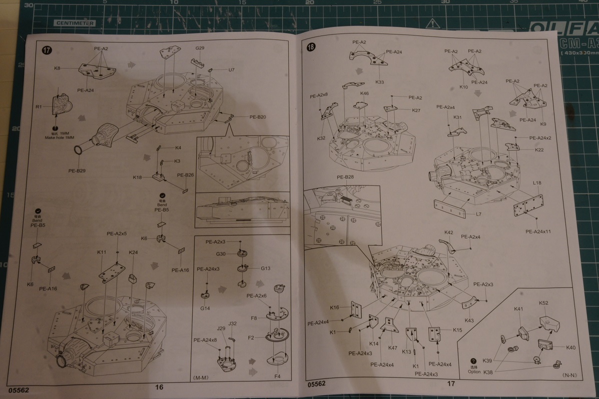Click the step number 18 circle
pos(311,47)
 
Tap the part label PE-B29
pos(78,170)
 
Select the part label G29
pos(200,48)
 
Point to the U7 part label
pos(231,70)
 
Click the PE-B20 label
pos(258,117)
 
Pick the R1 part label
pos(39,106)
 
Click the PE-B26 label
pos(185,175)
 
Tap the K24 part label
pos(133,252)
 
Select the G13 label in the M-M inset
pos(265,268)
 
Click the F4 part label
pos(277,375)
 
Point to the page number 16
pos(159,386)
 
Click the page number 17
pos(451,384)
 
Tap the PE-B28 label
pos(345,177)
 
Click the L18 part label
pos(537,183)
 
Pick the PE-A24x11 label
pos(538,231)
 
